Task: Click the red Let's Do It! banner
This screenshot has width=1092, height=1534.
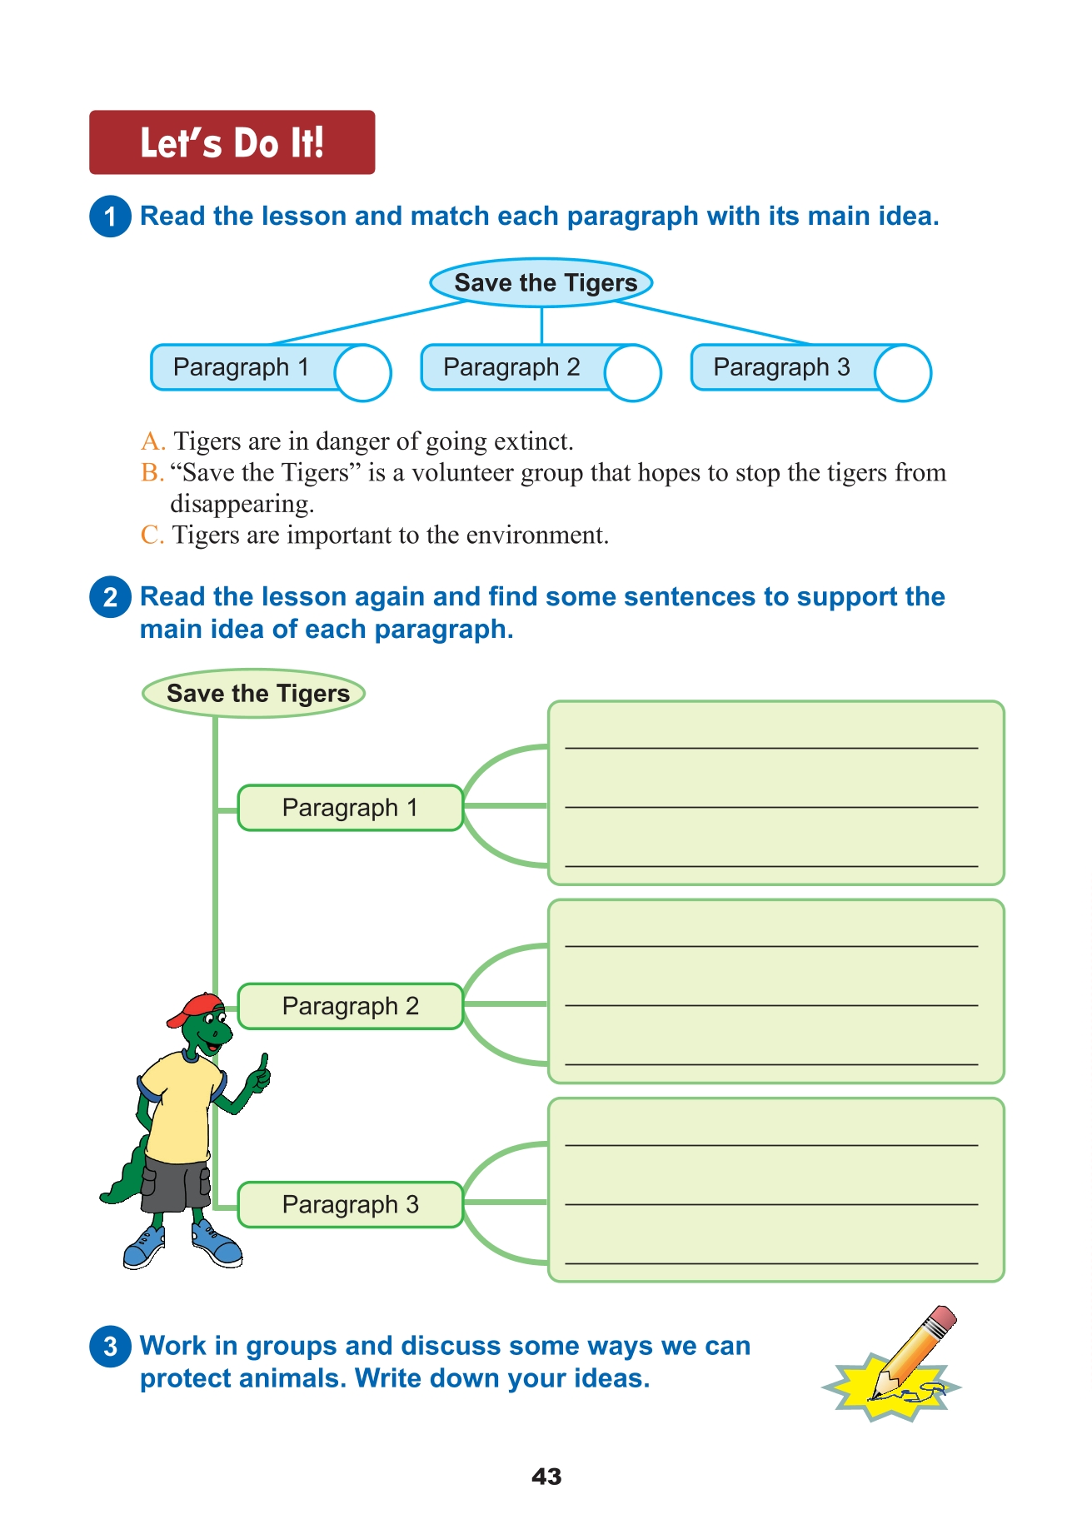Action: (232, 142)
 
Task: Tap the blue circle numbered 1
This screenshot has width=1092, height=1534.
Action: (110, 217)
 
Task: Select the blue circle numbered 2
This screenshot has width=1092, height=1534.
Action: (110, 597)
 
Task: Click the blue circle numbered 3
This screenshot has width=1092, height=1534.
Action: (110, 1347)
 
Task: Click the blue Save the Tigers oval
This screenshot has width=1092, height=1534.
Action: (541, 283)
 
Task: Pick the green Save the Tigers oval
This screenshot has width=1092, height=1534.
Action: (254, 694)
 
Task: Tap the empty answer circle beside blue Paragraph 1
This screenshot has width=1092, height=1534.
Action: (364, 372)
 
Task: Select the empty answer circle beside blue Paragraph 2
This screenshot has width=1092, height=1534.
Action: (634, 372)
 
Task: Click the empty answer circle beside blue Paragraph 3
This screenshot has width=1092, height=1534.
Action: (904, 372)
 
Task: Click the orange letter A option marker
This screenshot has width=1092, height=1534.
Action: (152, 441)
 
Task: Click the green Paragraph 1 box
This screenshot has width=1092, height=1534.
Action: (350, 808)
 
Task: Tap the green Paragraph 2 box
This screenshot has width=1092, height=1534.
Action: (350, 1006)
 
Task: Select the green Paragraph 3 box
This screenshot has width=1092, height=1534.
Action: (350, 1204)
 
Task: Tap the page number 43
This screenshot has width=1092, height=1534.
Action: (546, 1477)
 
